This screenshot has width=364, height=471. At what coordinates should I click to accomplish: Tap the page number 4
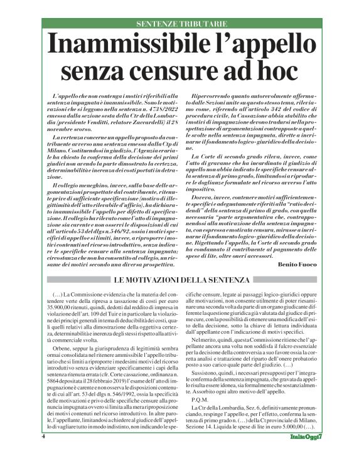pyautogui.click(x=44, y=453)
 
